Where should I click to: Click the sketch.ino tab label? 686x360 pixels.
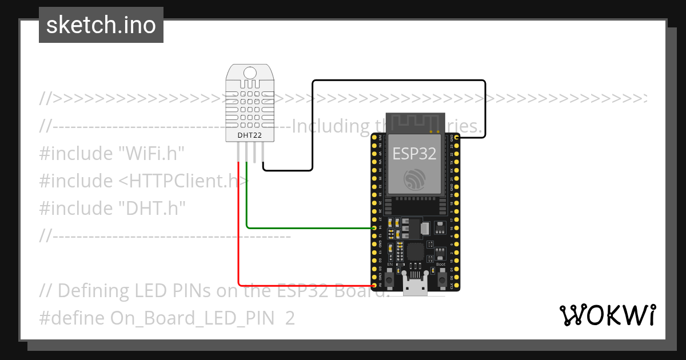[101, 25]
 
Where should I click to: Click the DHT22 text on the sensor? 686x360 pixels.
[249, 135]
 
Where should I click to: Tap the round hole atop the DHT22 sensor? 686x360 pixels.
[250, 73]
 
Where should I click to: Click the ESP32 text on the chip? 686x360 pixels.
[414, 153]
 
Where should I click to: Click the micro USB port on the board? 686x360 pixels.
[416, 284]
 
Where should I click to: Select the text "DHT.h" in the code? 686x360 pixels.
[151, 208]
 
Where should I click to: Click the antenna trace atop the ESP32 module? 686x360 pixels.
[415, 122]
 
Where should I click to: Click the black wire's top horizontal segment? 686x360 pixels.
[400, 81]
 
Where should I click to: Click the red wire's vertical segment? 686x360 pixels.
[238, 229]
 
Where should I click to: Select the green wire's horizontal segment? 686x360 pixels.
[309, 228]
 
